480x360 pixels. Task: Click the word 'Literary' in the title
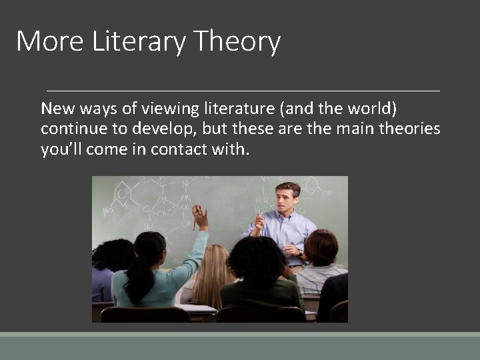click(139, 42)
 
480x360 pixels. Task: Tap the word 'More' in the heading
click(51, 41)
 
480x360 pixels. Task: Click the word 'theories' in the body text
click(409, 129)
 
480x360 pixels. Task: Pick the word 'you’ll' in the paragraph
click(60, 149)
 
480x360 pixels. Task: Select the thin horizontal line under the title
click(243, 90)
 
